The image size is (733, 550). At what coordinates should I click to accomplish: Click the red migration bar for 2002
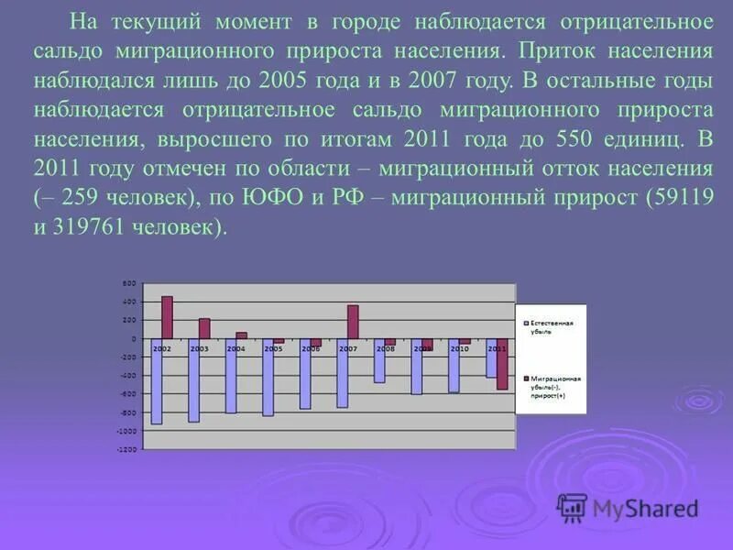coord(167,317)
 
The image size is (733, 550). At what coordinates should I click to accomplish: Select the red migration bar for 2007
coord(353,322)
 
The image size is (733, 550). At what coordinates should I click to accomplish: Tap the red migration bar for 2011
coord(502,365)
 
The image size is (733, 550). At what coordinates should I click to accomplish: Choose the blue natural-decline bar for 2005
coord(268,377)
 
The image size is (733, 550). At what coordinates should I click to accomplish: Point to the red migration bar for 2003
coord(204,328)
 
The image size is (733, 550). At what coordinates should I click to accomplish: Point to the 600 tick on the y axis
coord(130,282)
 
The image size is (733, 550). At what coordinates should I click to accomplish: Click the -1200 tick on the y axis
coord(127,449)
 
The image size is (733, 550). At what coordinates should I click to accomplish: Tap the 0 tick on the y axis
coord(134,338)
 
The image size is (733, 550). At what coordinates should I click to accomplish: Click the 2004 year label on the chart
coord(236,349)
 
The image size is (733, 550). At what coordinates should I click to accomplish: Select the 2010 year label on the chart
coord(459,349)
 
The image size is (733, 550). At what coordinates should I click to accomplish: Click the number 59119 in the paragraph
coord(677,198)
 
